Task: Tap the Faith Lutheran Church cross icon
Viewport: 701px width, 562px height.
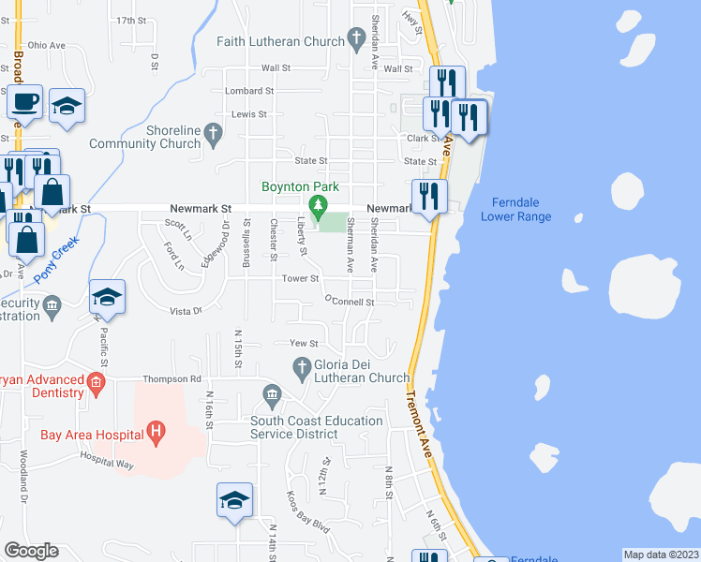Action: coord(355,39)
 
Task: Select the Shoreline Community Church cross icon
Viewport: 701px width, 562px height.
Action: coord(213,135)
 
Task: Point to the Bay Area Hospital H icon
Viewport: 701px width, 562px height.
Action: coord(157,434)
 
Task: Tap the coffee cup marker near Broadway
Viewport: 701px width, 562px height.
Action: coord(25,101)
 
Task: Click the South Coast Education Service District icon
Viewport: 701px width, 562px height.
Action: coord(272,394)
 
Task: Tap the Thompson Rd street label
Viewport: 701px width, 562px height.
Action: coord(172,379)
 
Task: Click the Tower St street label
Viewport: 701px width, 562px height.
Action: coord(302,278)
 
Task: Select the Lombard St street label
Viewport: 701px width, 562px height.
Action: coord(248,91)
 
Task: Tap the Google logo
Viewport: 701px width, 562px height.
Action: coord(31,551)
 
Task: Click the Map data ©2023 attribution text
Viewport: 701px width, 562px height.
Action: coord(661,555)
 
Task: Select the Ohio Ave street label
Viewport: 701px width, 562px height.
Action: coord(46,44)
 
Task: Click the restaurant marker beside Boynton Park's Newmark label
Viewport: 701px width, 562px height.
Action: coord(429,196)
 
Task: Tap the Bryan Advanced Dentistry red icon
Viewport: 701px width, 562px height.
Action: coord(95,382)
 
